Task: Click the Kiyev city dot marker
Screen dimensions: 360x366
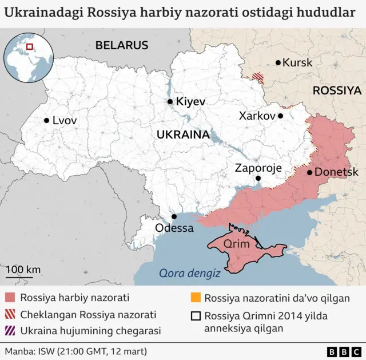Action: (170, 101)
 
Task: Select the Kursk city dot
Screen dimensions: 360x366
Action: (278, 62)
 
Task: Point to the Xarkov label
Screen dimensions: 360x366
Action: (257, 116)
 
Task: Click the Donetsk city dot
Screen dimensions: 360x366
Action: (309, 172)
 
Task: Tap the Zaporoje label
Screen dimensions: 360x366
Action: (258, 168)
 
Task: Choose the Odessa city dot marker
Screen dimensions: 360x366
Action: (174, 216)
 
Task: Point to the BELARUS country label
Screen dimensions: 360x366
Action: (121, 45)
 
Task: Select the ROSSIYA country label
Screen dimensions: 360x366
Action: (337, 90)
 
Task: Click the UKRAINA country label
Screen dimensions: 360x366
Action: (182, 134)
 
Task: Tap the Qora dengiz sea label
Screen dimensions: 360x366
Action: (190, 274)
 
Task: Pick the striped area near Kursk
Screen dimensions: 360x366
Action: (259, 77)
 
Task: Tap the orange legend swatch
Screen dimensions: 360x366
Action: (196, 298)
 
